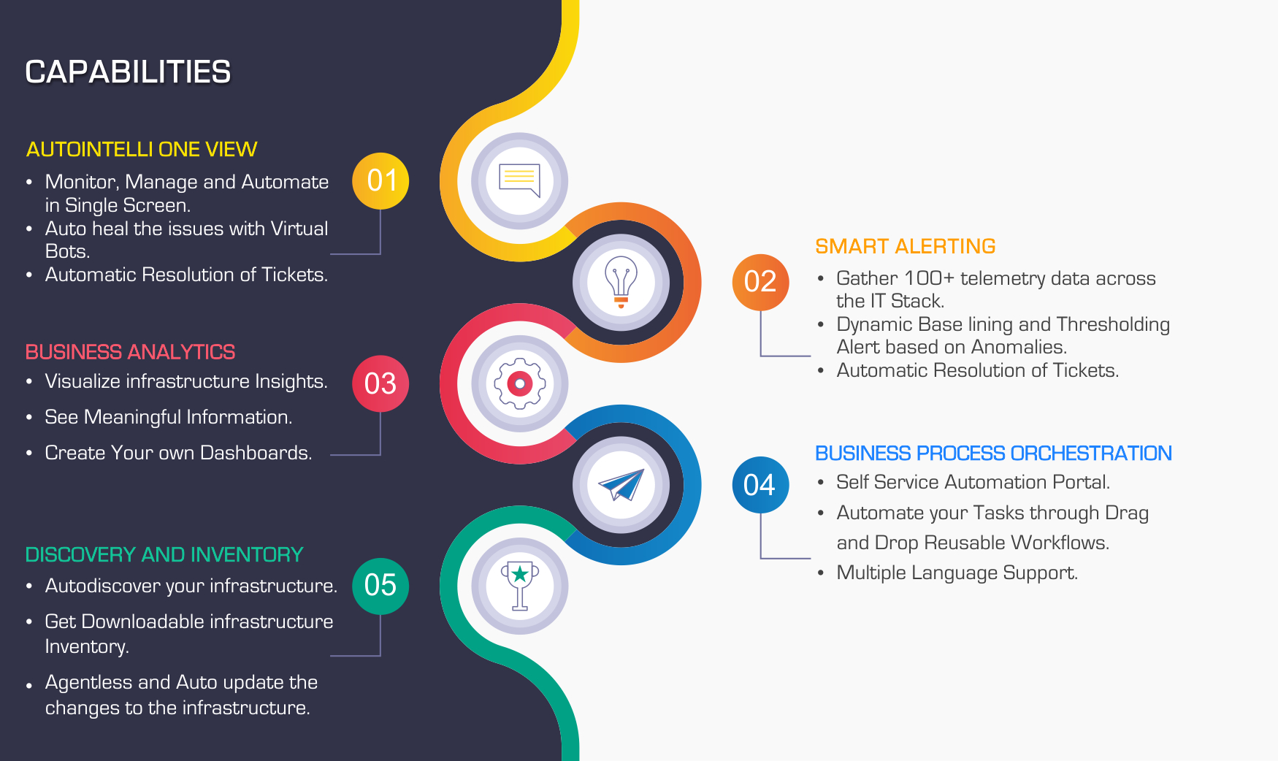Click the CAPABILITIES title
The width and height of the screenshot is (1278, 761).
click(x=128, y=72)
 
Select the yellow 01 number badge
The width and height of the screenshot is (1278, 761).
click(x=380, y=181)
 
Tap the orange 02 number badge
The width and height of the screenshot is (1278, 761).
click(x=760, y=282)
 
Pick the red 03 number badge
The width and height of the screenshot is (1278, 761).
click(x=380, y=383)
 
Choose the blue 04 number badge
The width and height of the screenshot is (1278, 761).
click(x=760, y=485)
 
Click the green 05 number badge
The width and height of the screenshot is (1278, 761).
click(x=380, y=586)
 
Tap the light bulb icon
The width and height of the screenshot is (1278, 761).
click(x=621, y=282)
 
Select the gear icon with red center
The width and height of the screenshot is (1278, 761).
click(x=519, y=383)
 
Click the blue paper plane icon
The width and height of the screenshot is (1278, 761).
click(x=621, y=484)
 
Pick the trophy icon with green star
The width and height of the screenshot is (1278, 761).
click(x=519, y=586)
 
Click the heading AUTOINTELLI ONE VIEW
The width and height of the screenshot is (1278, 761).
click(x=142, y=150)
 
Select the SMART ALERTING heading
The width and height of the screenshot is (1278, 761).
click(x=906, y=247)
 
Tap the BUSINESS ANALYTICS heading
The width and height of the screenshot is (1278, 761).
click(x=130, y=352)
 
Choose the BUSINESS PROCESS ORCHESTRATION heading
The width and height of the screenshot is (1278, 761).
click(x=993, y=454)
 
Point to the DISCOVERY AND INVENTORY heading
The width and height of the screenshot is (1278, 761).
click(x=164, y=555)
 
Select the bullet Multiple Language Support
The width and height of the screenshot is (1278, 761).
click(x=957, y=573)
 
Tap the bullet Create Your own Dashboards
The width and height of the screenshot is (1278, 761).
click(x=178, y=453)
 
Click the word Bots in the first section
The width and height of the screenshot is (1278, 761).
click(x=66, y=251)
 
